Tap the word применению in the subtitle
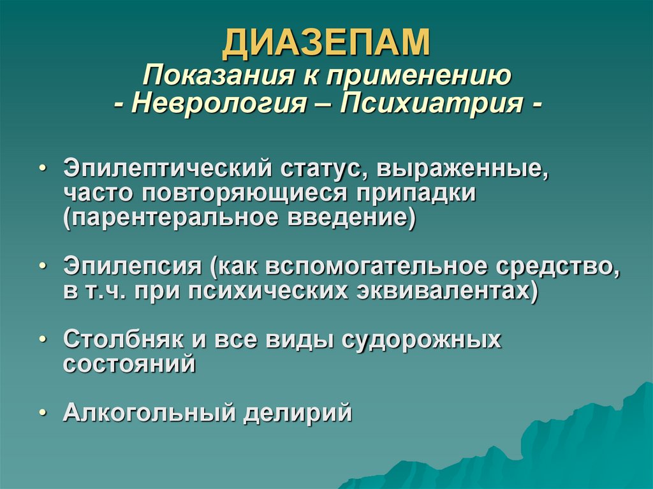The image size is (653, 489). point(419,77)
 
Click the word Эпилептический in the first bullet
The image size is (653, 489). point(168,170)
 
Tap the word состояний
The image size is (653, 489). point(129,363)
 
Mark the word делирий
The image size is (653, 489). point(297,412)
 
